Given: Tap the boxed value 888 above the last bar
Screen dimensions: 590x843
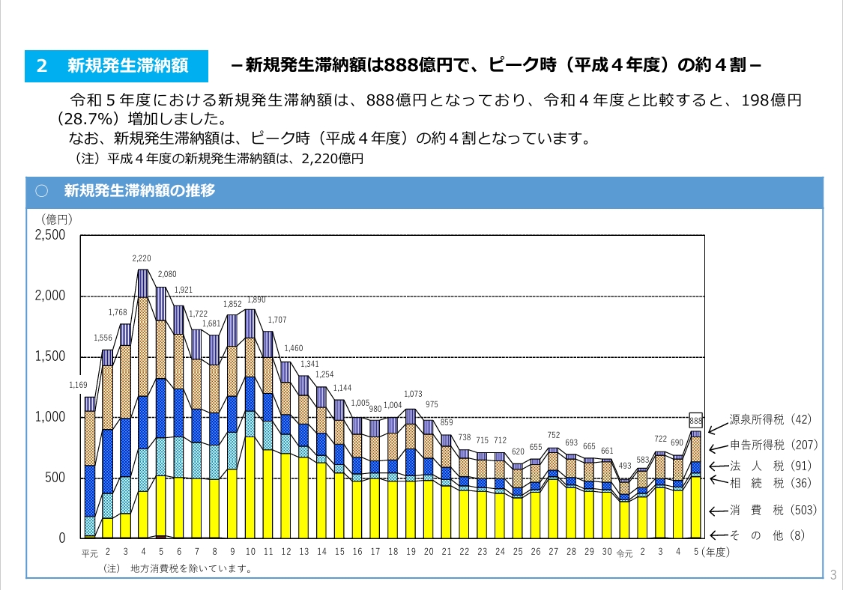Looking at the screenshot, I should point(695,421).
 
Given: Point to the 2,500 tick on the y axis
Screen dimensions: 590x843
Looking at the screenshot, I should point(50,235).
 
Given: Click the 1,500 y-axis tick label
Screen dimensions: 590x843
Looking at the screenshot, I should point(50,356).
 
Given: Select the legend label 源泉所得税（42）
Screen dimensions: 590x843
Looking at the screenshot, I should point(770,419).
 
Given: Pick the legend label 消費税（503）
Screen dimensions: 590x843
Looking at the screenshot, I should point(773,511).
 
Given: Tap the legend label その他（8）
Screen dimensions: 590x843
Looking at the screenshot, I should point(773,535).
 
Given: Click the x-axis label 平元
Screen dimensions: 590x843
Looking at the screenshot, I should point(90,554).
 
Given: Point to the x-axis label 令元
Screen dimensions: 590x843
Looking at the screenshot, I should point(624,554).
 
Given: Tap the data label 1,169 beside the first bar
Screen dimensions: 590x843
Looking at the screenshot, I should point(79,386).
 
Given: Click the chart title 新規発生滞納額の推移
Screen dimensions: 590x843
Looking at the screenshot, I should point(139,191).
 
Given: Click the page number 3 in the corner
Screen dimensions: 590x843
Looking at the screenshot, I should point(834,575).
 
